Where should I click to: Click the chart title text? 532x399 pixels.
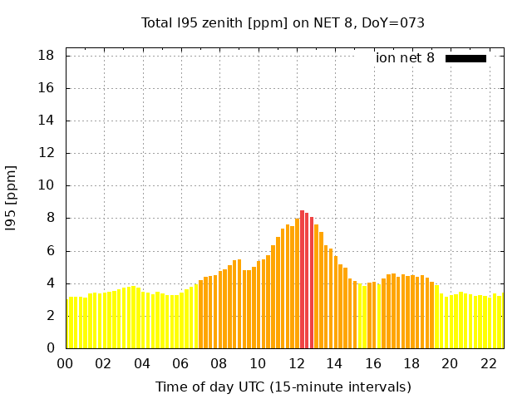pos(283,22)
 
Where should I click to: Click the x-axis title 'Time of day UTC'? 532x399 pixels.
pos(283,387)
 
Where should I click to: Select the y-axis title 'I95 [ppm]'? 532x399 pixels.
pos(12,198)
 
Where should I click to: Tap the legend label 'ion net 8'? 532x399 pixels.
pos(405,58)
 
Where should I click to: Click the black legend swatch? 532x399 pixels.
pos(465,58)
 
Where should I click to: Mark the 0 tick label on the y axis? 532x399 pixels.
pos(50,348)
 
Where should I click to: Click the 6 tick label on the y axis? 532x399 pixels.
pos(50,251)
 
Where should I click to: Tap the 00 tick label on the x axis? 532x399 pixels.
pos(65,364)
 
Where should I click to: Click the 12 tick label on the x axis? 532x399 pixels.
pos(296,364)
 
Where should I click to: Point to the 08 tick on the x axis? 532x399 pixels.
pos(219,364)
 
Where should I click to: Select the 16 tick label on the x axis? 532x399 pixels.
pos(373,364)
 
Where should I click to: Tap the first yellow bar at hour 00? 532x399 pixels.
pos(68,324)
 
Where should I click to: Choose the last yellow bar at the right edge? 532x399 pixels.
pos(501,322)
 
